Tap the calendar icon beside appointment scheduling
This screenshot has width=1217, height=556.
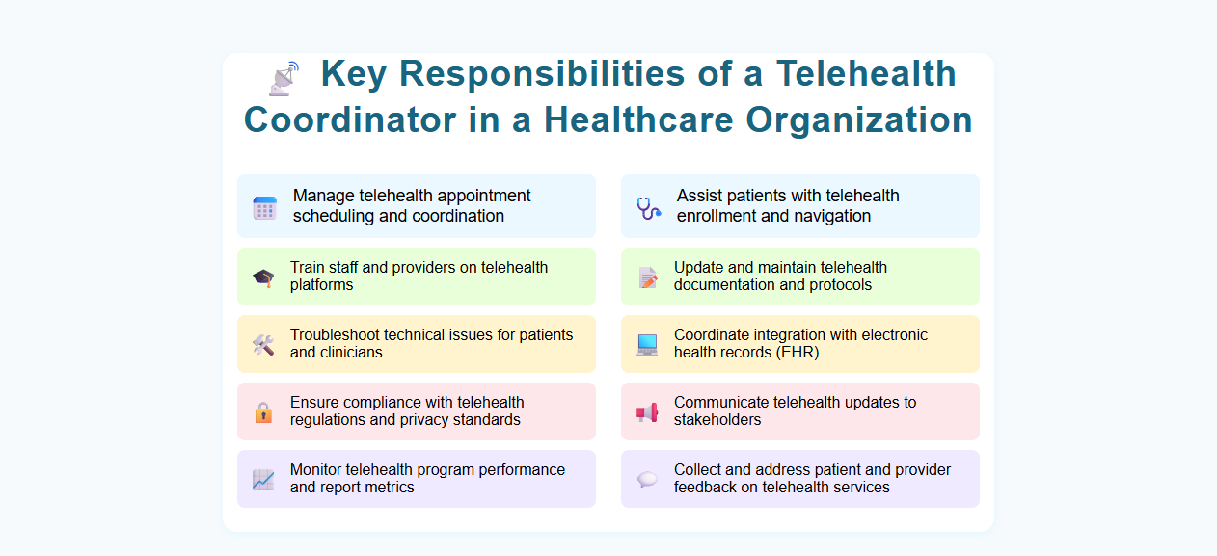pos(265,207)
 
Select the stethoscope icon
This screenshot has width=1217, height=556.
pos(648,207)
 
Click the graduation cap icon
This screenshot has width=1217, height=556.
pos(263,278)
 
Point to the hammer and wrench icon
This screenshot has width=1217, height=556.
pos(263,345)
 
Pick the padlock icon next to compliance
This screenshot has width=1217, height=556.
pos(263,412)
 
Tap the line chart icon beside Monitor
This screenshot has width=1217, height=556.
pos(263,480)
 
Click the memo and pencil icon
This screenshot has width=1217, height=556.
pos(648,278)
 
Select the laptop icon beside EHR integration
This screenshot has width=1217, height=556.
pos(647,345)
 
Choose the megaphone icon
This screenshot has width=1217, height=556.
pos(647,412)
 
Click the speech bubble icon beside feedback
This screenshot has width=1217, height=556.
pos(647,480)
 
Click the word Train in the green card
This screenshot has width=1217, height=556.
pos(308,268)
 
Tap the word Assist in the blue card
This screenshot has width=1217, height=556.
pos(699,196)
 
